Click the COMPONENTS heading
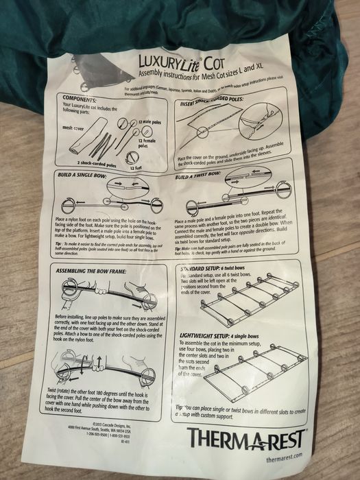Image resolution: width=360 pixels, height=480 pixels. click(81, 99)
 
